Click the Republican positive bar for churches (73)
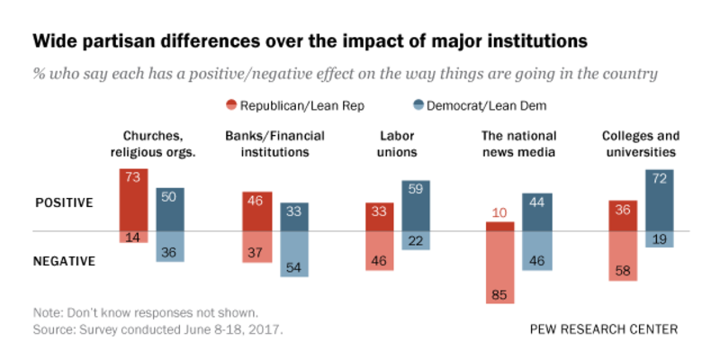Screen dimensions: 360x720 point(133,199)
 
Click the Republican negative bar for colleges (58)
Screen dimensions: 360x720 point(624,256)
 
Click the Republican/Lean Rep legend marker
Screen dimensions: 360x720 point(232,106)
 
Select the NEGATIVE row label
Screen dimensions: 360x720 point(65,261)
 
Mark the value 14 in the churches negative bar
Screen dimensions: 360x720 point(133,238)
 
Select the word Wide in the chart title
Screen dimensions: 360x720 point(54,41)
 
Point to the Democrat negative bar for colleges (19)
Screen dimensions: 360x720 point(660,239)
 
